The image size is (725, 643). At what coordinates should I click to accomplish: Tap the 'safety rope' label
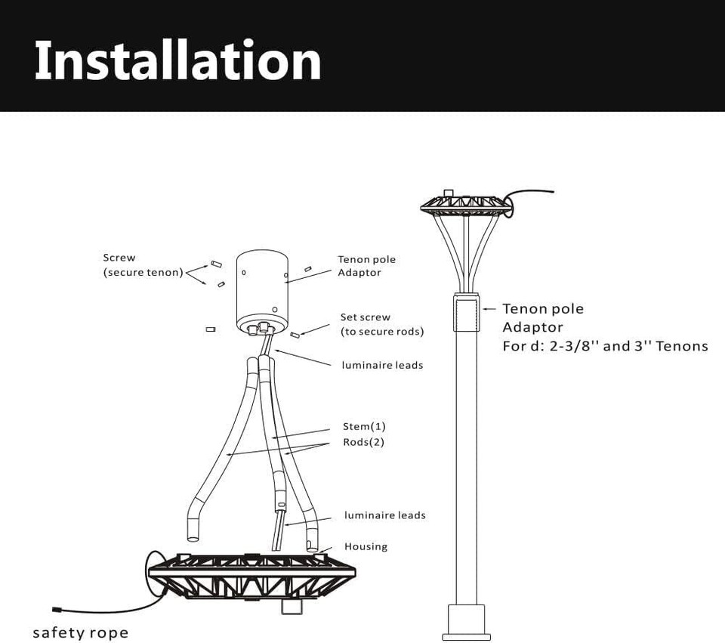point(80,632)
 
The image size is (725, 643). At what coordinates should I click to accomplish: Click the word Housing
point(366,546)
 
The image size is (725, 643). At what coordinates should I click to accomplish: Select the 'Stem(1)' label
point(364,427)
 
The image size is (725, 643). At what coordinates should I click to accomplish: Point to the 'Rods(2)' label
point(363,442)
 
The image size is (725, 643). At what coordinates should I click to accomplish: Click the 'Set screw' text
point(366,317)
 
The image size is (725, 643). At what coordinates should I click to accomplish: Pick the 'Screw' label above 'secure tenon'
point(119,258)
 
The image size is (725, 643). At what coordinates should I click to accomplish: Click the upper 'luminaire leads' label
point(382,365)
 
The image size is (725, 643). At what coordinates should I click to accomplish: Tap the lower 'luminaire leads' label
point(385,515)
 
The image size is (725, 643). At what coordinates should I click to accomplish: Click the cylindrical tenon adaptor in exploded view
point(261,291)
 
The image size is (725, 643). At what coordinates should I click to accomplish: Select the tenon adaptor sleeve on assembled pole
point(466,314)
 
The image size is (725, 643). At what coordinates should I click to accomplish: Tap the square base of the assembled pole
point(466,620)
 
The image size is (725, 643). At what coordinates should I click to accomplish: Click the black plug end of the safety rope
point(57,609)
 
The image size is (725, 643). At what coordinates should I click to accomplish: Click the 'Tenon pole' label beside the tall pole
point(543,308)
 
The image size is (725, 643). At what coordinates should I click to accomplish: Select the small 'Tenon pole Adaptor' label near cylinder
point(366,266)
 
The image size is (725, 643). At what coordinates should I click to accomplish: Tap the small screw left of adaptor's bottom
point(211,329)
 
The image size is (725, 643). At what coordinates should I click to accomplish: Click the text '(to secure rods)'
point(382,332)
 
